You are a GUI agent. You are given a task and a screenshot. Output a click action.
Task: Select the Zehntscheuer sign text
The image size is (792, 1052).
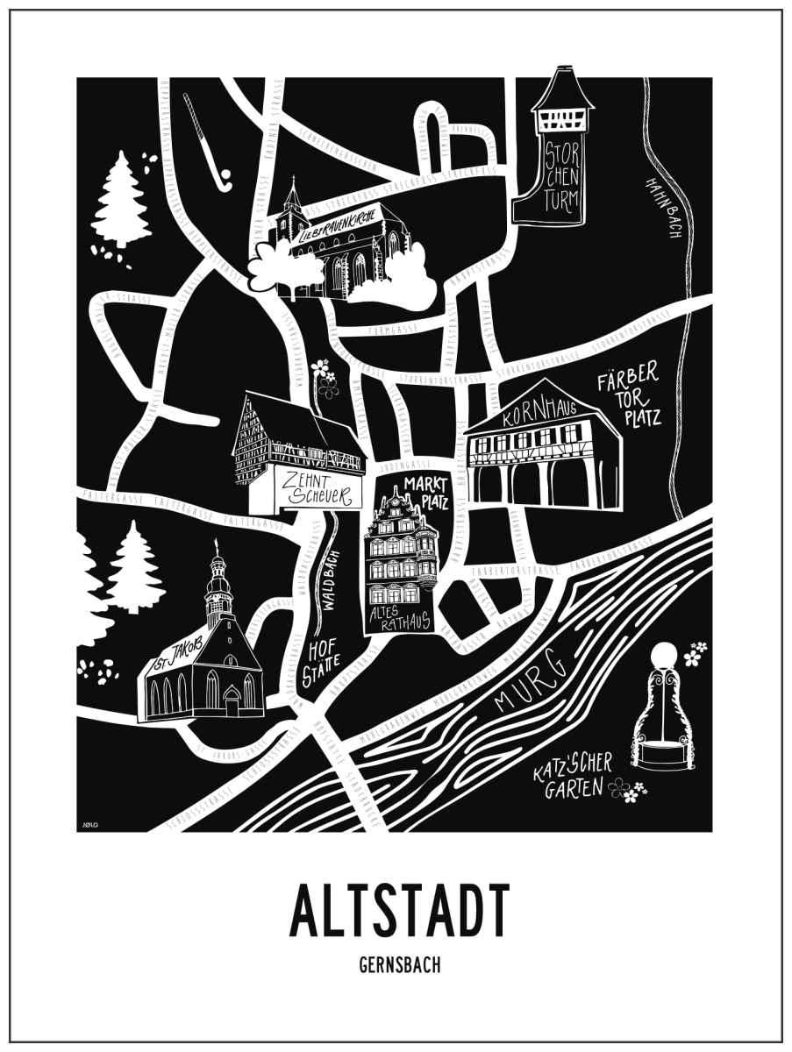(320, 489)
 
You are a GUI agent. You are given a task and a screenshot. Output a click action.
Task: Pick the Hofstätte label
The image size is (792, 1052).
(323, 665)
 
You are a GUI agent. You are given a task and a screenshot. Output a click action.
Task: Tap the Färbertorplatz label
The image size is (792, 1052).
(626, 399)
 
